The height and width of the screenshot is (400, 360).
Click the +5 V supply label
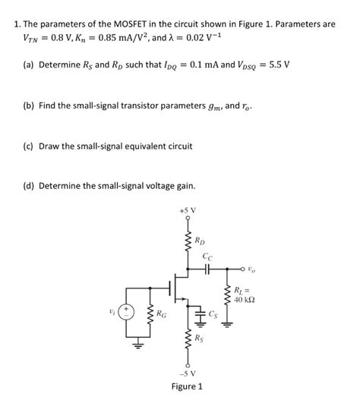(x=187, y=209)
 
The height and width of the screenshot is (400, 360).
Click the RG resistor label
(x=162, y=312)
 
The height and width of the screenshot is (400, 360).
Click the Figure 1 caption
(x=187, y=386)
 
